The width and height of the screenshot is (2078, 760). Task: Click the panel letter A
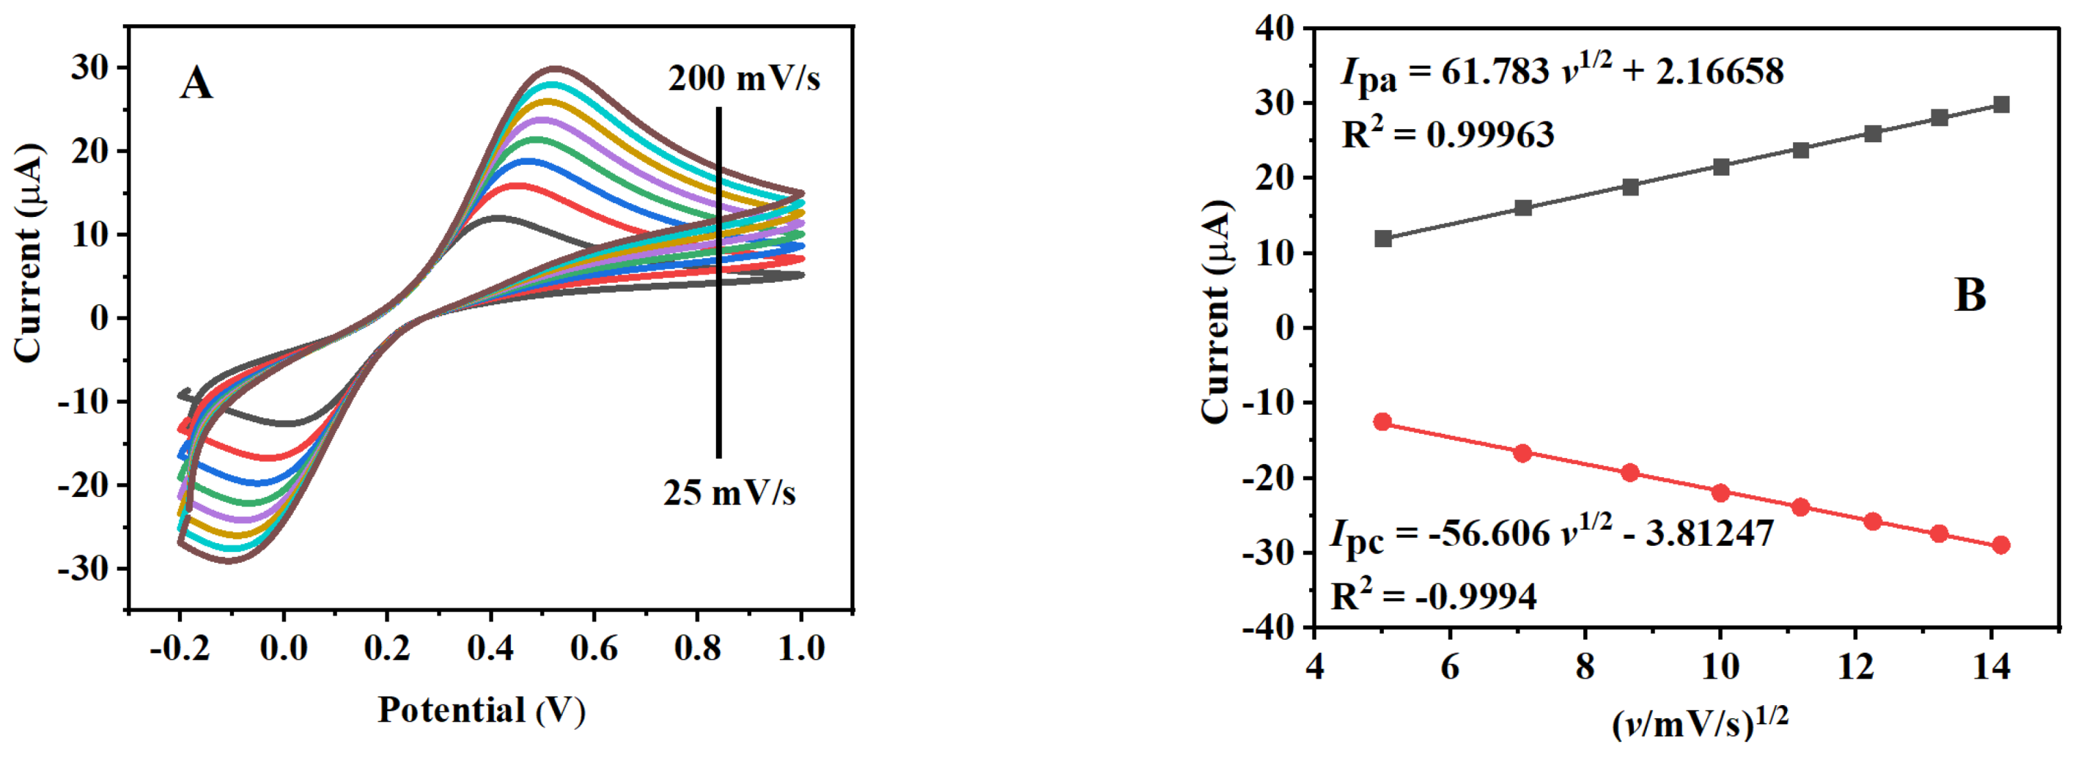tap(196, 84)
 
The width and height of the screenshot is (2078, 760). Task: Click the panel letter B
tap(1970, 295)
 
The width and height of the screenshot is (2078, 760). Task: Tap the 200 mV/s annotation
tap(743, 79)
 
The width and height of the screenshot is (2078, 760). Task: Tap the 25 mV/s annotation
tap(728, 493)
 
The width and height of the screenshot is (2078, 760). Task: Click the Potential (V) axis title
tap(482, 711)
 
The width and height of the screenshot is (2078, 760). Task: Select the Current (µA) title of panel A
tap(27, 253)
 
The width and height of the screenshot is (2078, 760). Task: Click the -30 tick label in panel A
tap(82, 568)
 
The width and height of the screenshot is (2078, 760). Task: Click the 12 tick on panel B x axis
tap(1856, 667)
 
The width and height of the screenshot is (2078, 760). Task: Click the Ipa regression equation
tap(1562, 73)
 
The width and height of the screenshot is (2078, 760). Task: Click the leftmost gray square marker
tap(1383, 239)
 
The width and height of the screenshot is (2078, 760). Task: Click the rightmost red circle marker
tap(2000, 545)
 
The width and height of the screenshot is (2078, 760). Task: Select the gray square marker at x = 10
tap(1720, 167)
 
